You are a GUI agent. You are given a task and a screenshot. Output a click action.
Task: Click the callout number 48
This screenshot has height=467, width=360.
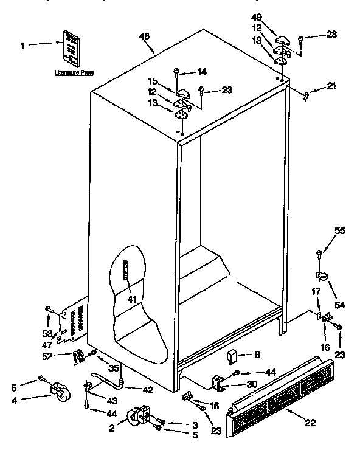[144, 37]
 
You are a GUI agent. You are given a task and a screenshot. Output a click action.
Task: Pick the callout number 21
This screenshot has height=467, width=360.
[330, 86]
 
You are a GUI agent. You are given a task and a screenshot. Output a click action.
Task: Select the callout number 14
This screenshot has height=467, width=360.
[201, 72]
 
